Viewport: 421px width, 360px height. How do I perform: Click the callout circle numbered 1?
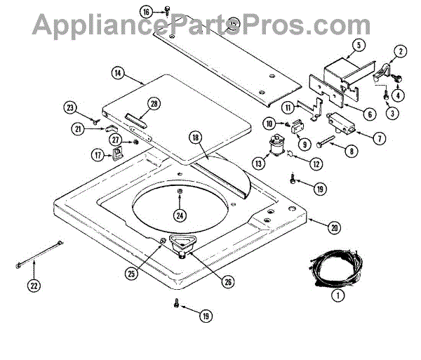click(x=338, y=296)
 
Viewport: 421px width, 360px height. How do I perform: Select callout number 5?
click(x=358, y=45)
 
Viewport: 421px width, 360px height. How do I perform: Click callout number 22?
click(x=33, y=285)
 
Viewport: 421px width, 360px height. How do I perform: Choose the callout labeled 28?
click(x=154, y=105)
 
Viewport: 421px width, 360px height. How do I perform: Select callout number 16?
click(x=145, y=12)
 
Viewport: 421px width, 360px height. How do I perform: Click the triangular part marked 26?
click(x=185, y=244)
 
